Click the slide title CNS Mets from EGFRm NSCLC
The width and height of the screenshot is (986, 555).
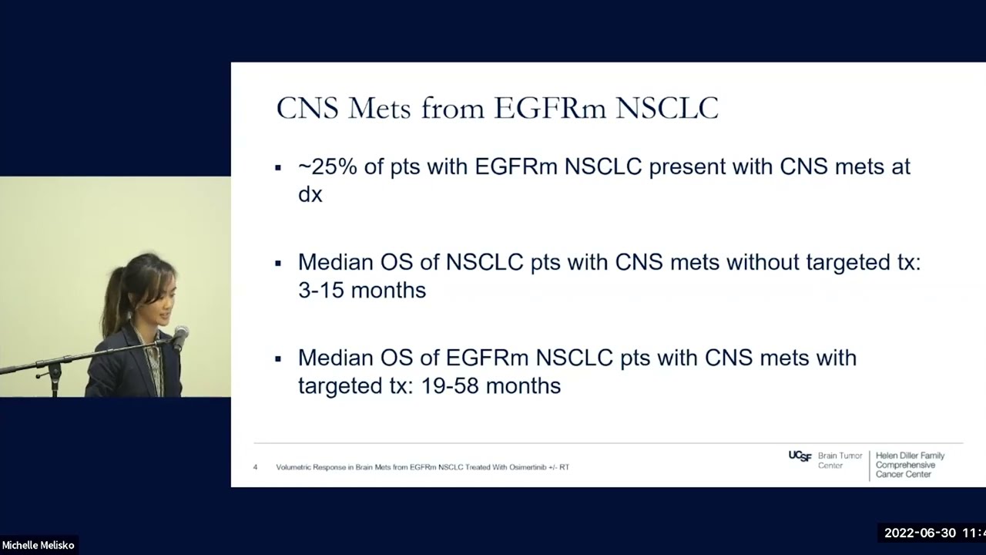[497, 108]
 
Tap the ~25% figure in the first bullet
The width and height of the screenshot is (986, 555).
[327, 166]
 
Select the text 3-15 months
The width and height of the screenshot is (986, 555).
[361, 290]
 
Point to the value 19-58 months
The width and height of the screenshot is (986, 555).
[491, 385]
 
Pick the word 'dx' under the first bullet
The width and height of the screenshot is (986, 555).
[310, 194]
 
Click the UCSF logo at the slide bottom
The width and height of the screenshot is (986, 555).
[800, 456]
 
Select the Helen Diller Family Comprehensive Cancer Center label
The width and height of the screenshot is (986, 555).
[909, 465]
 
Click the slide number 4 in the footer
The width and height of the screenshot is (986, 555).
[255, 467]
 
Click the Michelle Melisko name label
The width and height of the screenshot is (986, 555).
[38, 545]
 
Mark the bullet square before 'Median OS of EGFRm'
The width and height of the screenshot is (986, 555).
[278, 358]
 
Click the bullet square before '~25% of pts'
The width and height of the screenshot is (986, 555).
[278, 167]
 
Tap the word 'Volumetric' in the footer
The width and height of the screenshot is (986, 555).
[295, 467]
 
